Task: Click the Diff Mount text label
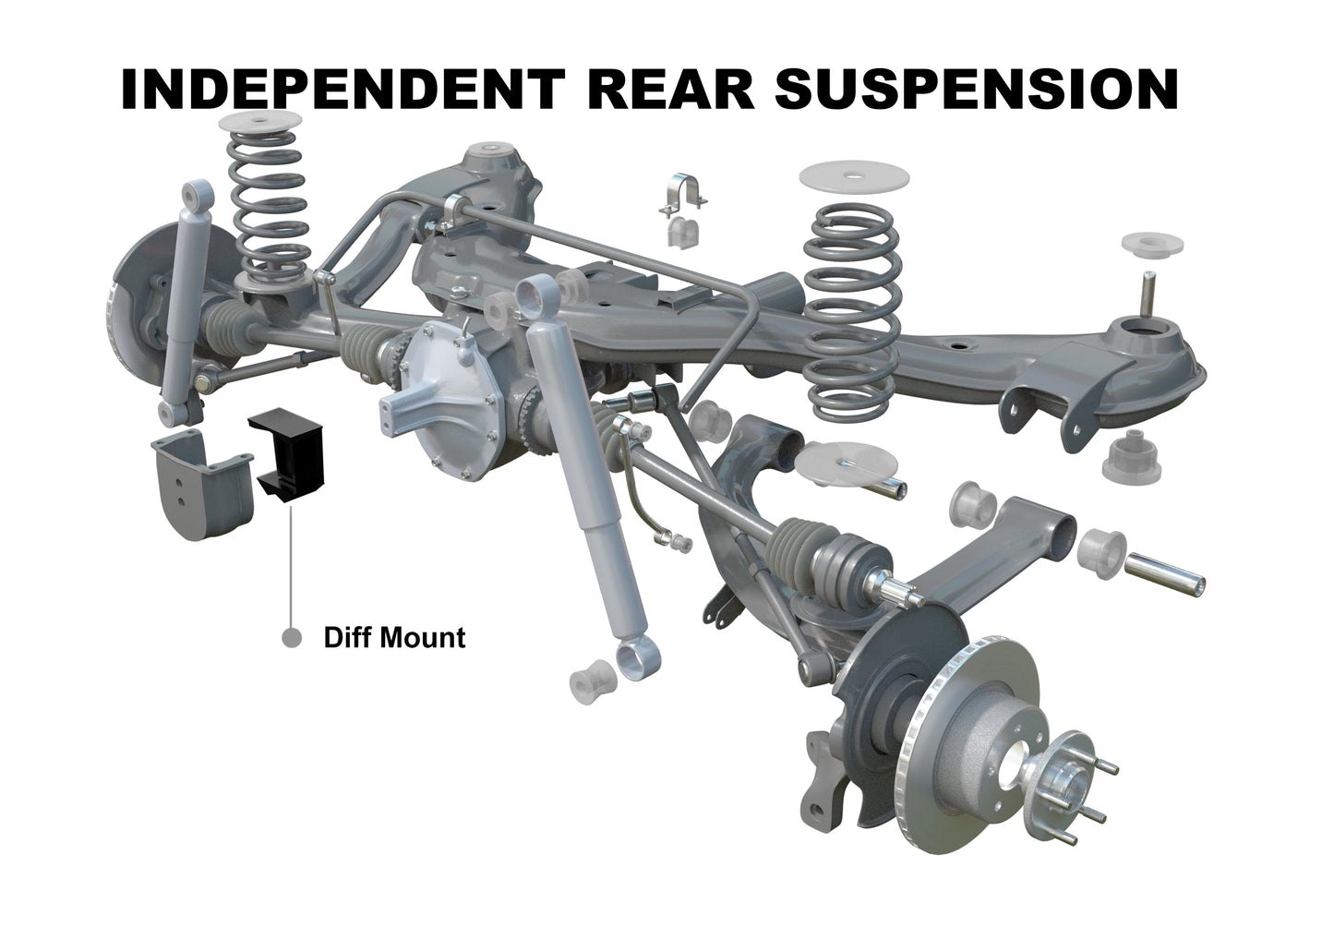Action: click(x=394, y=637)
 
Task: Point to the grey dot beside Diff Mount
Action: click(x=292, y=637)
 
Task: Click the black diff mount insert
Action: click(x=289, y=453)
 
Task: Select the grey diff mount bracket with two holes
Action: click(x=195, y=484)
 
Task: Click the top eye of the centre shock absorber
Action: click(x=535, y=296)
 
